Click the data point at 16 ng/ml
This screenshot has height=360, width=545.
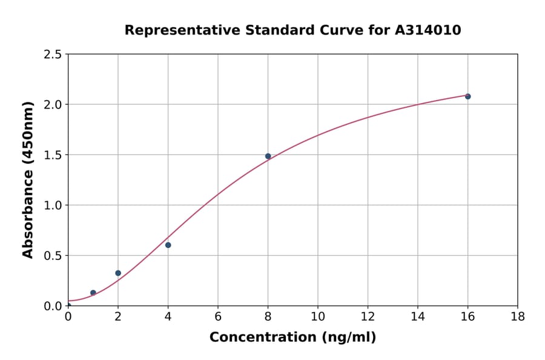pos(467,96)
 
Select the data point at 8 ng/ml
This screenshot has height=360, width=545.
pos(268,156)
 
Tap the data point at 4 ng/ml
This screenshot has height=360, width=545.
pos(168,245)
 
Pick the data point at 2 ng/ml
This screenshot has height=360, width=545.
pos(118,273)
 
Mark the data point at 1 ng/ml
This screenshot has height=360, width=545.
pos(93,293)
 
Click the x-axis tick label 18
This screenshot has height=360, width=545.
pos(517,316)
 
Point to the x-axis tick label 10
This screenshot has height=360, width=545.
pos(317,316)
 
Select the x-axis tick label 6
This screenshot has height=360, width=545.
pos(218,316)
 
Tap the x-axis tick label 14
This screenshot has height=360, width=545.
pos(417,316)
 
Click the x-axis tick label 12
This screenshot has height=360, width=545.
pos(368,316)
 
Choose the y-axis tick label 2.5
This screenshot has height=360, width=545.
pos(53,55)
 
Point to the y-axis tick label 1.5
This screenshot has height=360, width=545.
pos(53,155)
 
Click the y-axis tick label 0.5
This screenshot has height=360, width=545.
pos(53,256)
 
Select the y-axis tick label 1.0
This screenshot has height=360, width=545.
pos(53,205)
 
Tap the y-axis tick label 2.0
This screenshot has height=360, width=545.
pos(53,105)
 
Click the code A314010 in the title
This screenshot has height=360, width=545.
pos(429,30)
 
